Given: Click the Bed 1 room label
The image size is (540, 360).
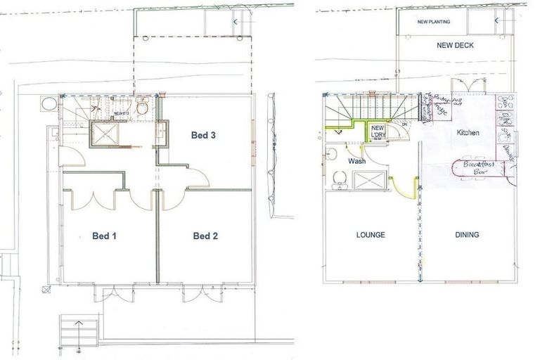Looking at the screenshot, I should pos(103,236).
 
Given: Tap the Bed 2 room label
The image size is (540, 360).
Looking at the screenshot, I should pos(205,236).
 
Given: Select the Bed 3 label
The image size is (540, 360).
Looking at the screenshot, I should pos(203,135).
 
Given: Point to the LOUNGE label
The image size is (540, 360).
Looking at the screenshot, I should pos(370,235).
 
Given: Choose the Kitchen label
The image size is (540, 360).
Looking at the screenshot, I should pos(468,132).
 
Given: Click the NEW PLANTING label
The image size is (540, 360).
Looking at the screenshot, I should pos(434,22).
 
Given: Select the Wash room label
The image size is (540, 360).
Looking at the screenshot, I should pos(356,161).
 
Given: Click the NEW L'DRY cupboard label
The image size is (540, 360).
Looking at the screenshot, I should pos(378,131).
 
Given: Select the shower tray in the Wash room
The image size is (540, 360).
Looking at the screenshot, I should pos(369,181).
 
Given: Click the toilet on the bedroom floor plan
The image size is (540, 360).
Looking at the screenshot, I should pos(142,108).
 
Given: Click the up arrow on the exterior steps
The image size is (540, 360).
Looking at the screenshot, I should pos(77,323).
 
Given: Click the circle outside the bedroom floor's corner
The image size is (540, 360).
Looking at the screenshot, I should pos(48,103).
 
